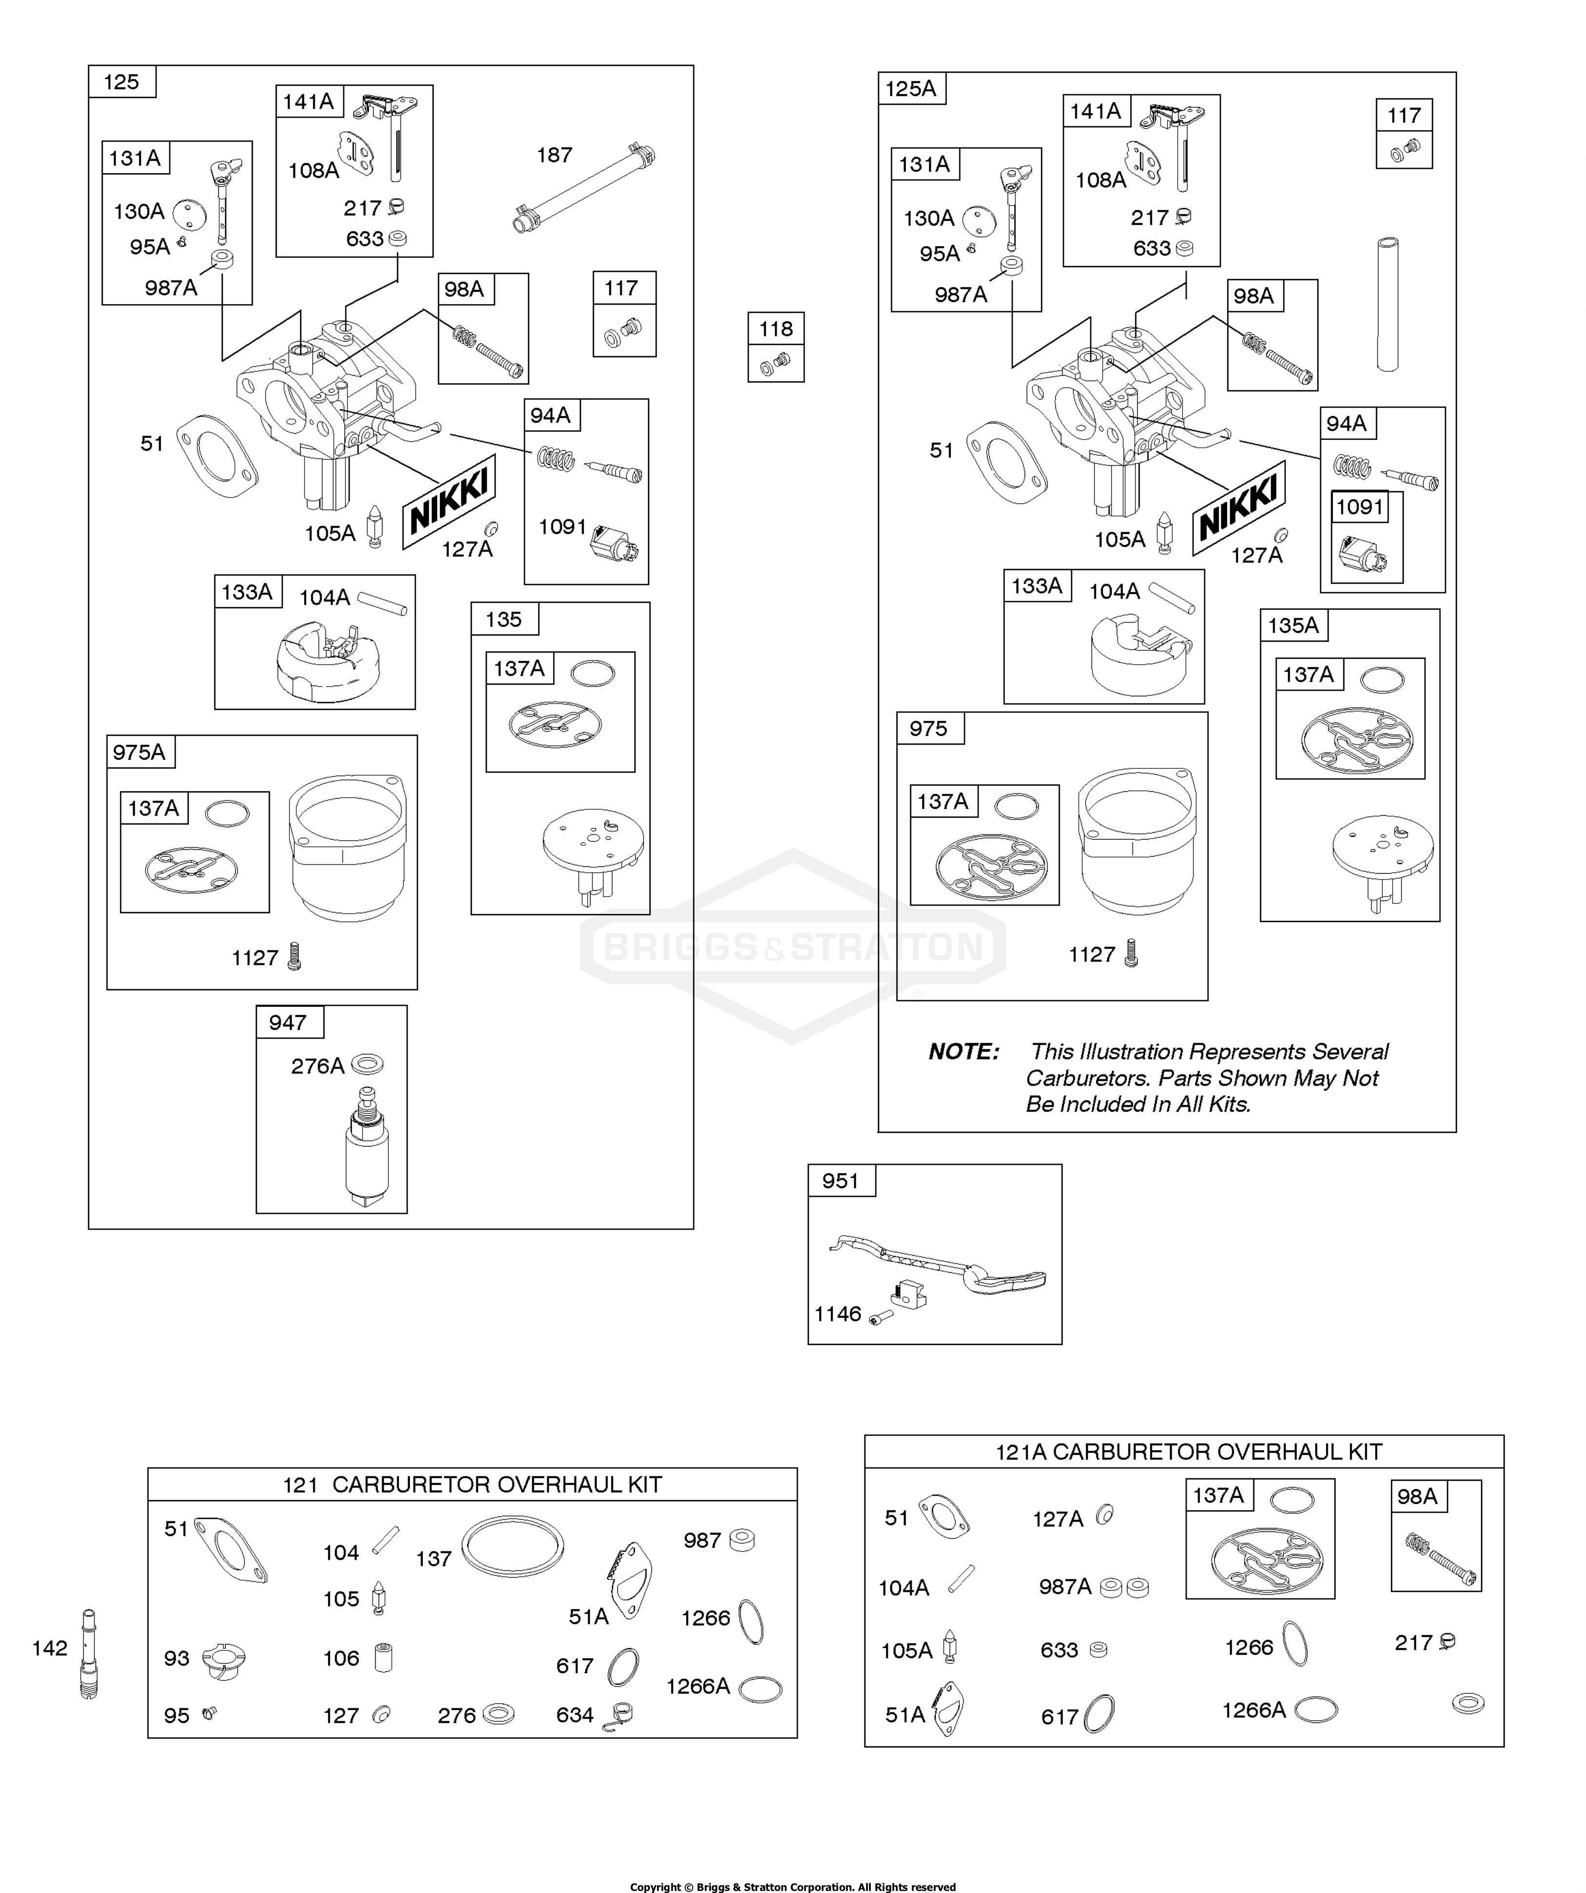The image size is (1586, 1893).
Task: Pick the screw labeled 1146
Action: pos(881,1317)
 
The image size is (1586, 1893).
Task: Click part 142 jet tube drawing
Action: pos(88,1653)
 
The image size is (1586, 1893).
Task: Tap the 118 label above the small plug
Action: pos(775,329)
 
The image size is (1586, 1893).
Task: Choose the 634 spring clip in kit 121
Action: pos(620,1715)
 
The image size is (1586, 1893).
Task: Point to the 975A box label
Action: pos(139,752)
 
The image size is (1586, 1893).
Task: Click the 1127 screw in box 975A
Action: pos(293,956)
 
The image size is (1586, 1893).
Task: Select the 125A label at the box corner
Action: pos(911,88)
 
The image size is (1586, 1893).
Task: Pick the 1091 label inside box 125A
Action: pos(1359,507)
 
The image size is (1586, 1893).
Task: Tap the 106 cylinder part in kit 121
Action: pos(383,1657)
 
